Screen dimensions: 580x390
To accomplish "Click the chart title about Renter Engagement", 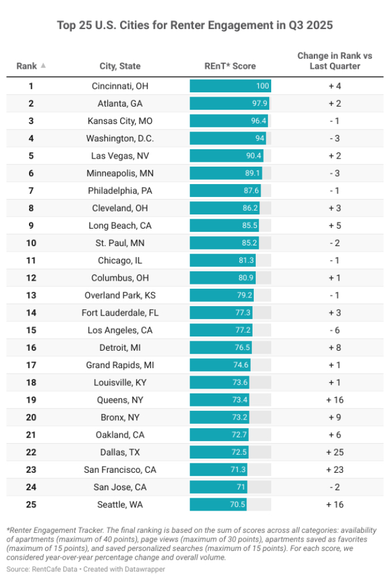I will click(195, 25).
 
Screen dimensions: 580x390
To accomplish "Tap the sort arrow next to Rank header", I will click(43, 66).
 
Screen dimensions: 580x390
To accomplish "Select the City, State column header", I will click(119, 66).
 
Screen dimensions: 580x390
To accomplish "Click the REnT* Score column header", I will click(230, 66).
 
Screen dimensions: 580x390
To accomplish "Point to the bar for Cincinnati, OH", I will click(230, 86).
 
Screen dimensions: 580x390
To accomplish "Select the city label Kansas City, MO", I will click(119, 121).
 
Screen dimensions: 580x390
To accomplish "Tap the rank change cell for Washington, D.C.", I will click(334, 138).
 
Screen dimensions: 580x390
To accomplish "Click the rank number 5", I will click(30, 156).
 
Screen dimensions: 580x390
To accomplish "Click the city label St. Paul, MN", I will click(119, 243).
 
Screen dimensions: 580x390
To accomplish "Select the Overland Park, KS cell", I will click(119, 295).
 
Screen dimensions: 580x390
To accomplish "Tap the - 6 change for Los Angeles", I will click(334, 330).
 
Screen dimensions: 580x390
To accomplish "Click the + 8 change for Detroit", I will click(334, 348).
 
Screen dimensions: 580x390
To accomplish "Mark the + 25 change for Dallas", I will click(334, 452).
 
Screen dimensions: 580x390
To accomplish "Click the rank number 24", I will click(30, 487).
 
